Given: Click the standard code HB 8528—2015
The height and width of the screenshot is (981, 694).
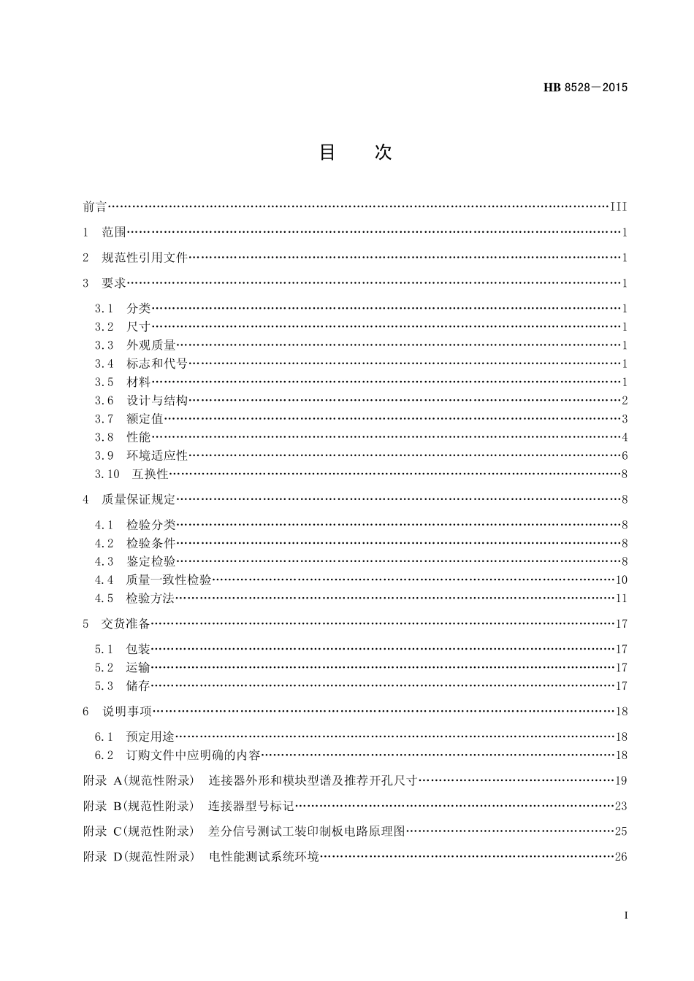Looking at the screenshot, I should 585,88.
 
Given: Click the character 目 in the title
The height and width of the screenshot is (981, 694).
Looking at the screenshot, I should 327,152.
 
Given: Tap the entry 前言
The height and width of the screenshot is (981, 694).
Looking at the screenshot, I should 95,207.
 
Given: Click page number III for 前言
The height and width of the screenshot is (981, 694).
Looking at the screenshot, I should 618,207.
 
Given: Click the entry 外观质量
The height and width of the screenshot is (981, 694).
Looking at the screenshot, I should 150,345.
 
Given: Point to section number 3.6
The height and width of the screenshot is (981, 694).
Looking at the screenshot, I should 104,400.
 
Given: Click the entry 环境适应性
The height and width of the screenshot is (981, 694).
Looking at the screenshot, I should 157,455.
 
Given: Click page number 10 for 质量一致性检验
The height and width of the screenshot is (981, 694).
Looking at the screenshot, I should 621,580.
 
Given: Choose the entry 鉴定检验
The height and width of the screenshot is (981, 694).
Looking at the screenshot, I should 150,561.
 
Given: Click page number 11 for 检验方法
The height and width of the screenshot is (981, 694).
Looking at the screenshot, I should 621,599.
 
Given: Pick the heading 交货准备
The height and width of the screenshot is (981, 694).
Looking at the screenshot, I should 126,623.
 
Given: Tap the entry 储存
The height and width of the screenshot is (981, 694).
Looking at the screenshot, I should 138,685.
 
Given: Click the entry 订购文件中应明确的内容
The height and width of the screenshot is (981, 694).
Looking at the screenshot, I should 193,755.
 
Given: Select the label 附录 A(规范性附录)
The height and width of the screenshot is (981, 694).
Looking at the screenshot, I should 139,780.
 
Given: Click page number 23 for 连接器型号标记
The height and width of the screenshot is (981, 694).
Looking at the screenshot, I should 621,806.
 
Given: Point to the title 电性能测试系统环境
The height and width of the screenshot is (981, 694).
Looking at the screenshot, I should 264,856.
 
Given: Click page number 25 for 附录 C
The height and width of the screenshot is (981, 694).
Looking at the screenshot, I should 621,831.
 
